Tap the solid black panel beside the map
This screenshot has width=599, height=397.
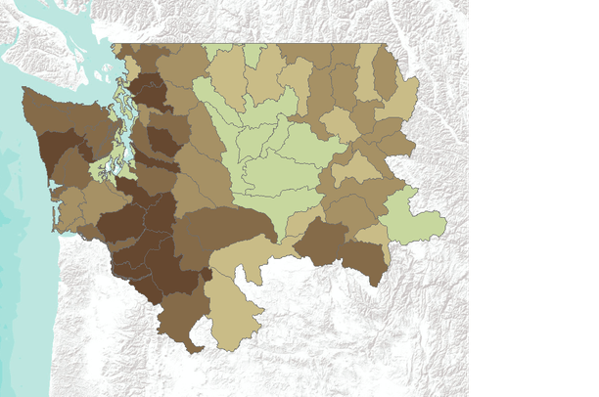[534, 196]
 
